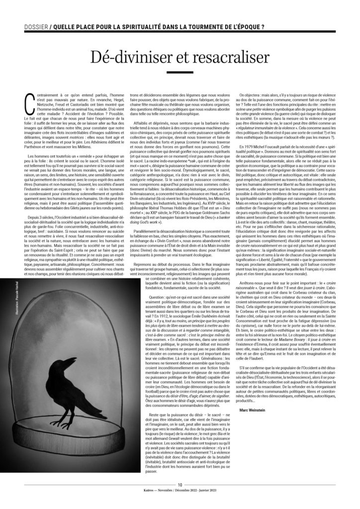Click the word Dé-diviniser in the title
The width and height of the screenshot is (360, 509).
[x=125, y=58]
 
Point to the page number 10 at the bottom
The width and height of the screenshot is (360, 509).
[x=180, y=498]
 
